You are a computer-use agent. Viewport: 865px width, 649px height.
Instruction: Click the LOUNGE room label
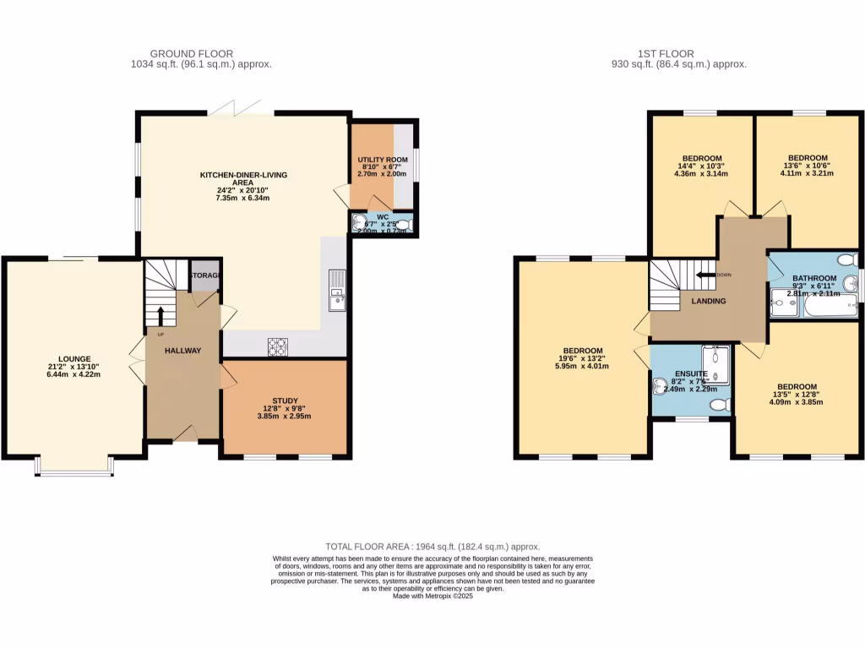(74, 358)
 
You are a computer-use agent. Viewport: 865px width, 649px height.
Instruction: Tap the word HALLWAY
(182, 350)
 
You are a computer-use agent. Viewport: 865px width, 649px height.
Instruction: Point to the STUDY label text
(285, 401)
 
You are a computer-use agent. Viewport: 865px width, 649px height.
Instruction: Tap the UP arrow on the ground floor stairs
(160, 314)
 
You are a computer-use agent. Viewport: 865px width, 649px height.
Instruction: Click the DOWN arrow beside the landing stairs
(703, 275)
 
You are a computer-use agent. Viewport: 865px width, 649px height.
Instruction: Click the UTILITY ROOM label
(382, 159)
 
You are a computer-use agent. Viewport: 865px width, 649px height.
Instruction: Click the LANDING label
(707, 301)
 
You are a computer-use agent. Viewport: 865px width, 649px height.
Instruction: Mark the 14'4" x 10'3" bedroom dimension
(702, 166)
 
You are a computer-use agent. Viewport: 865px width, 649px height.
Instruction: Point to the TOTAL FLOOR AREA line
(432, 547)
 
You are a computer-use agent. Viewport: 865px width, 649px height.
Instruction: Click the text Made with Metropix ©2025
(432, 596)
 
